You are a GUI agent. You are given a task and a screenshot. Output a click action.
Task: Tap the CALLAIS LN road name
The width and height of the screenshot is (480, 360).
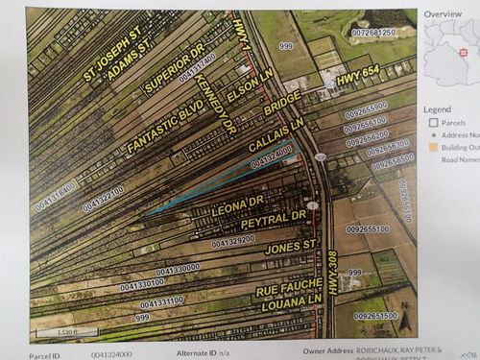(270, 132)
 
